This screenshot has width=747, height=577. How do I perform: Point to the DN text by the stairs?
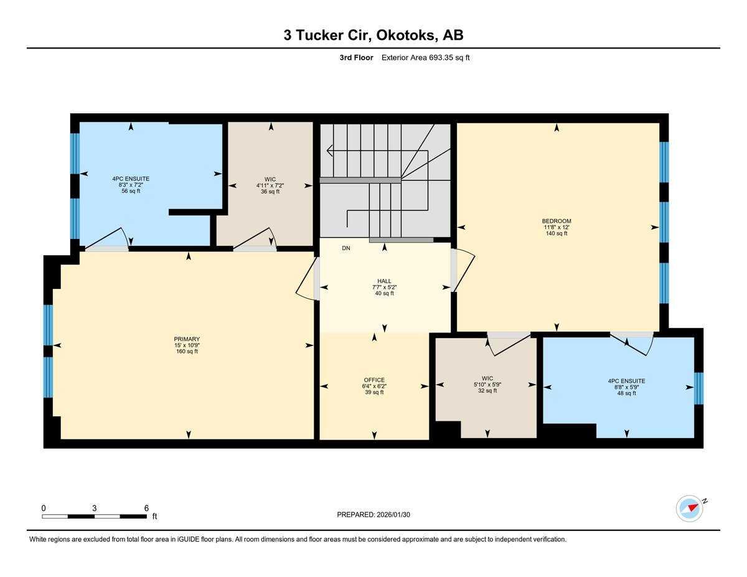346,248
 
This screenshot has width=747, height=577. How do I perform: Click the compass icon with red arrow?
690,509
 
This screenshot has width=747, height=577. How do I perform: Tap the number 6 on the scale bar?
146,508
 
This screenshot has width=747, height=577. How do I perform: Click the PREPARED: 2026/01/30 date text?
374,515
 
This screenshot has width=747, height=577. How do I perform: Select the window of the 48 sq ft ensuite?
698,388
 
